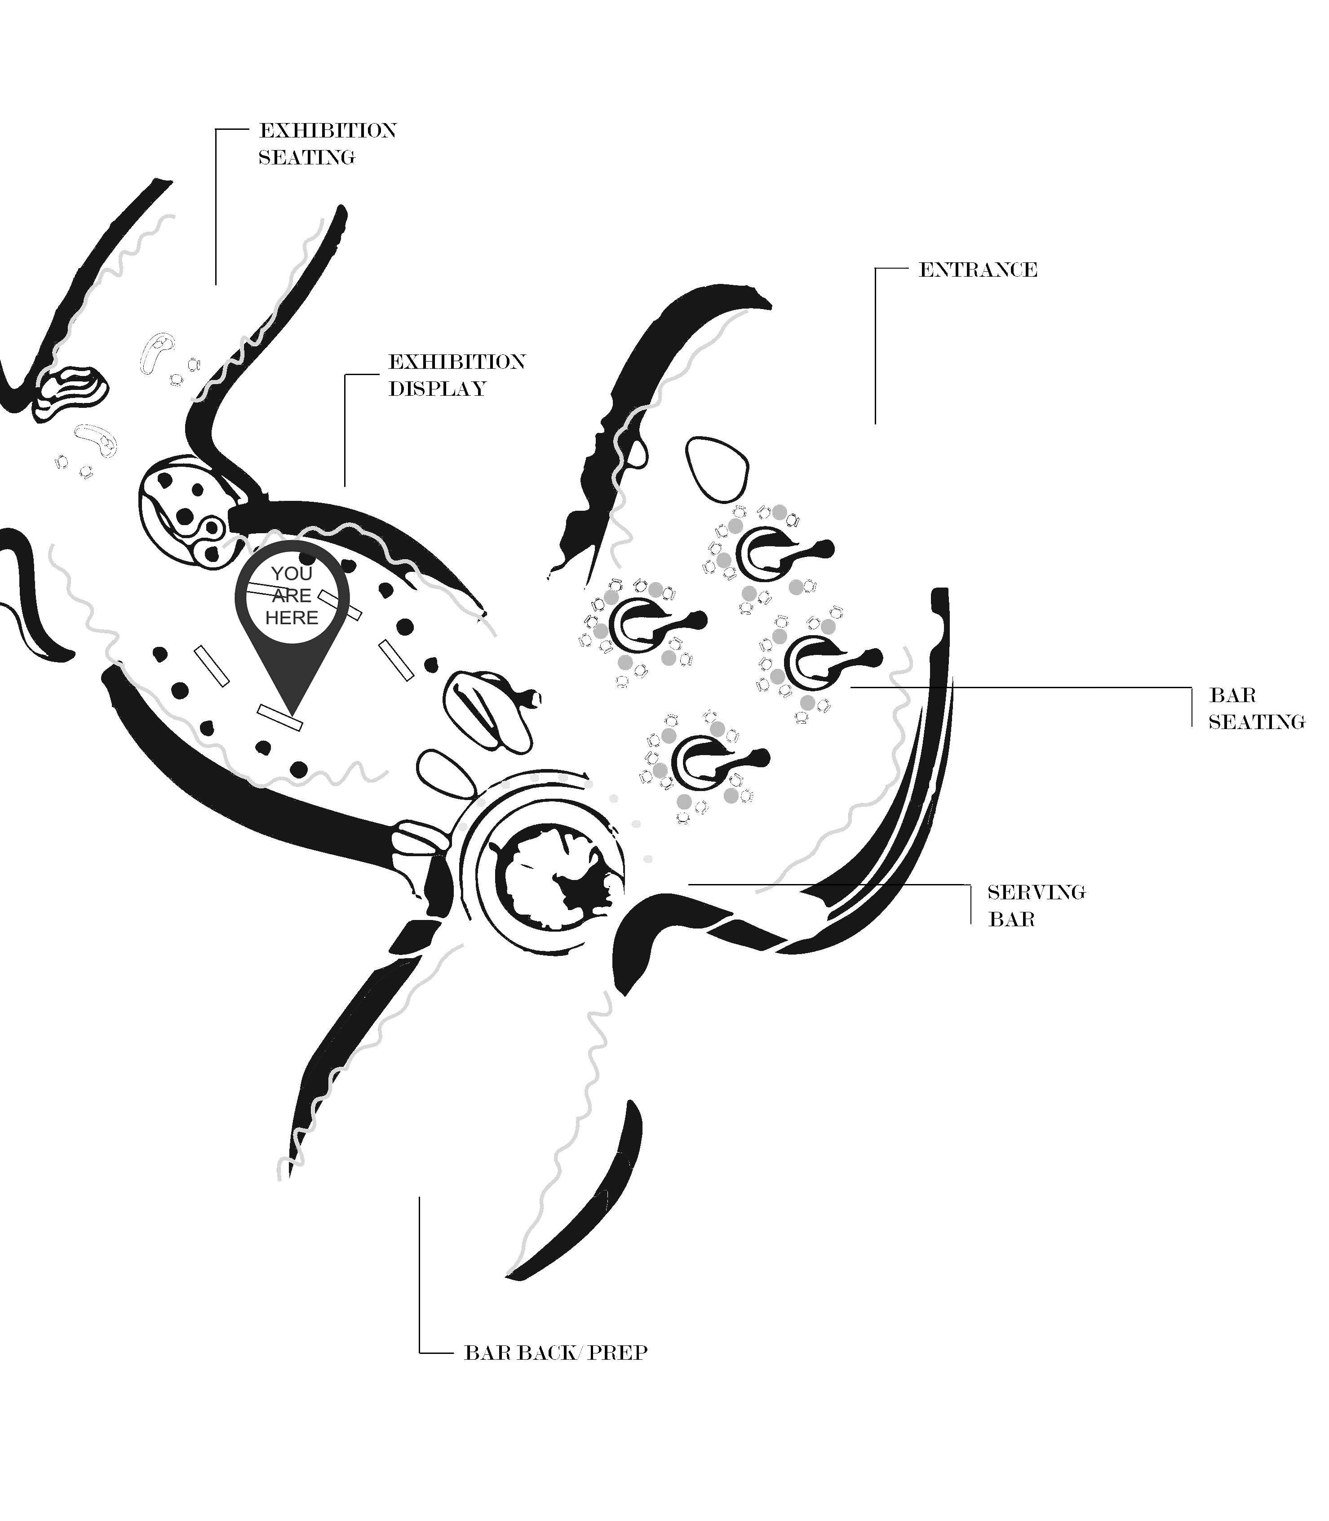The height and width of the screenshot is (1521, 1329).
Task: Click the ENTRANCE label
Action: (978, 270)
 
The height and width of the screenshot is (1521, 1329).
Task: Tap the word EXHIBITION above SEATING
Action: (327, 131)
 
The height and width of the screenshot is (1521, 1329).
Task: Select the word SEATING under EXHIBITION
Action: (306, 158)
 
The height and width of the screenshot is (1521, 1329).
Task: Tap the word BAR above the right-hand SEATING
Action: (1232, 696)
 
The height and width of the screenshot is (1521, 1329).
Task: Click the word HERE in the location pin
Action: (292, 618)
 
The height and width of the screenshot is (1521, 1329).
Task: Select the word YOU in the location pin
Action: (292, 573)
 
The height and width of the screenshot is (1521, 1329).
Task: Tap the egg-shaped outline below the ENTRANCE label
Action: (717, 469)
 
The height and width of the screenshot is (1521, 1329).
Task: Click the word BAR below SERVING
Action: (1011, 920)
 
